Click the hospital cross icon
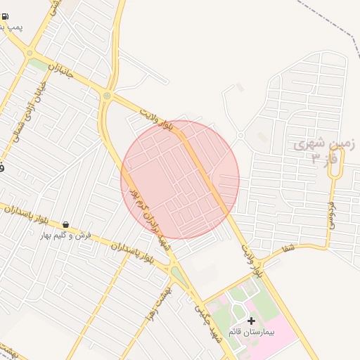point(251,321)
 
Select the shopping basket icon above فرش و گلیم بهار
point(65,225)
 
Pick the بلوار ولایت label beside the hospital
point(252,259)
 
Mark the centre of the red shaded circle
point(180,180)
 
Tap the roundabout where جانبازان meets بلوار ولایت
point(107,96)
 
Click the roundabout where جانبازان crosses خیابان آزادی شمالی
point(30,53)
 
